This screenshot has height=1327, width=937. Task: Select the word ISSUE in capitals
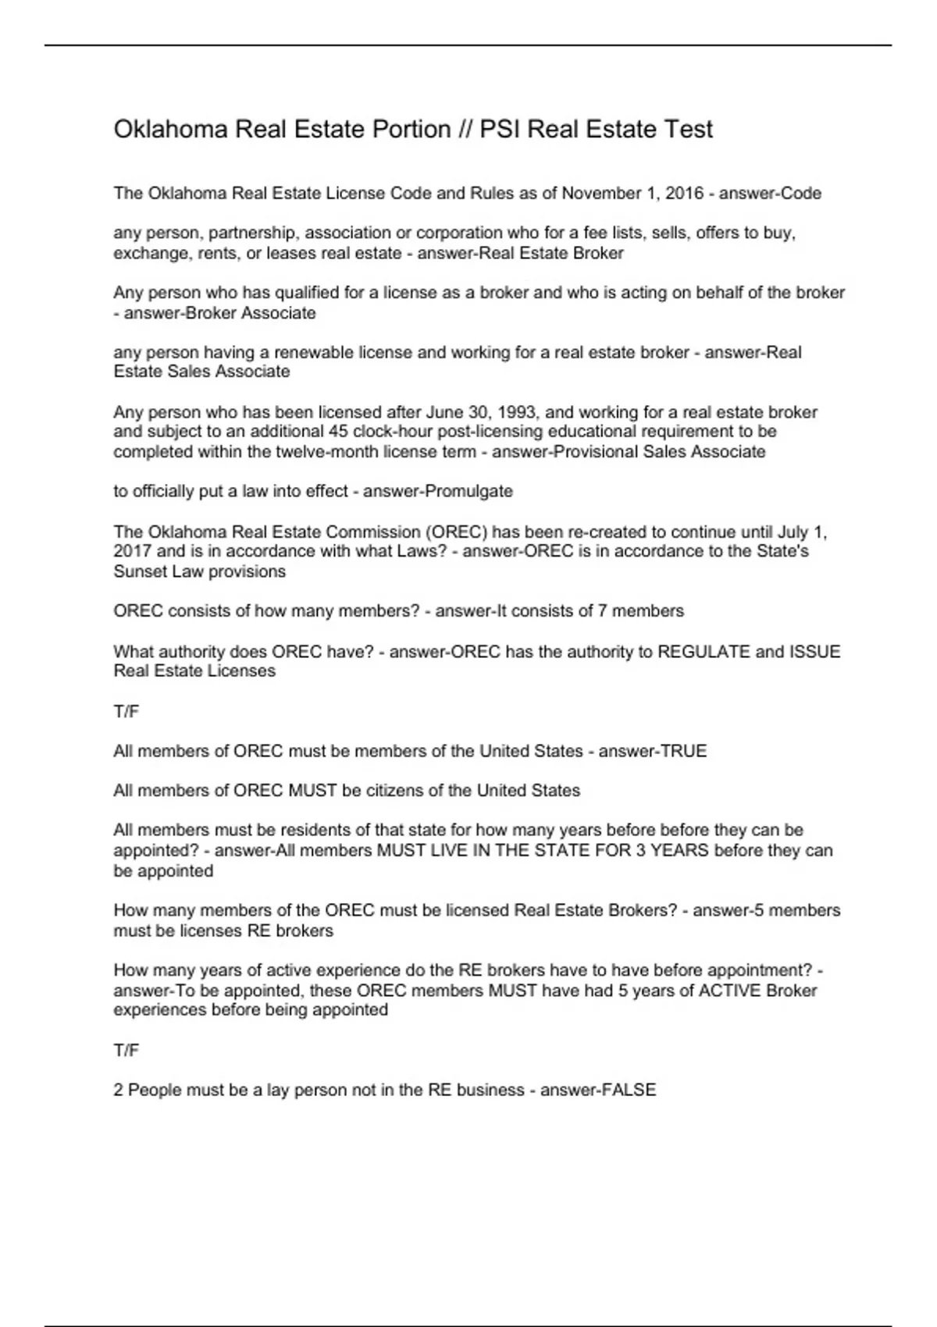point(816,651)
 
